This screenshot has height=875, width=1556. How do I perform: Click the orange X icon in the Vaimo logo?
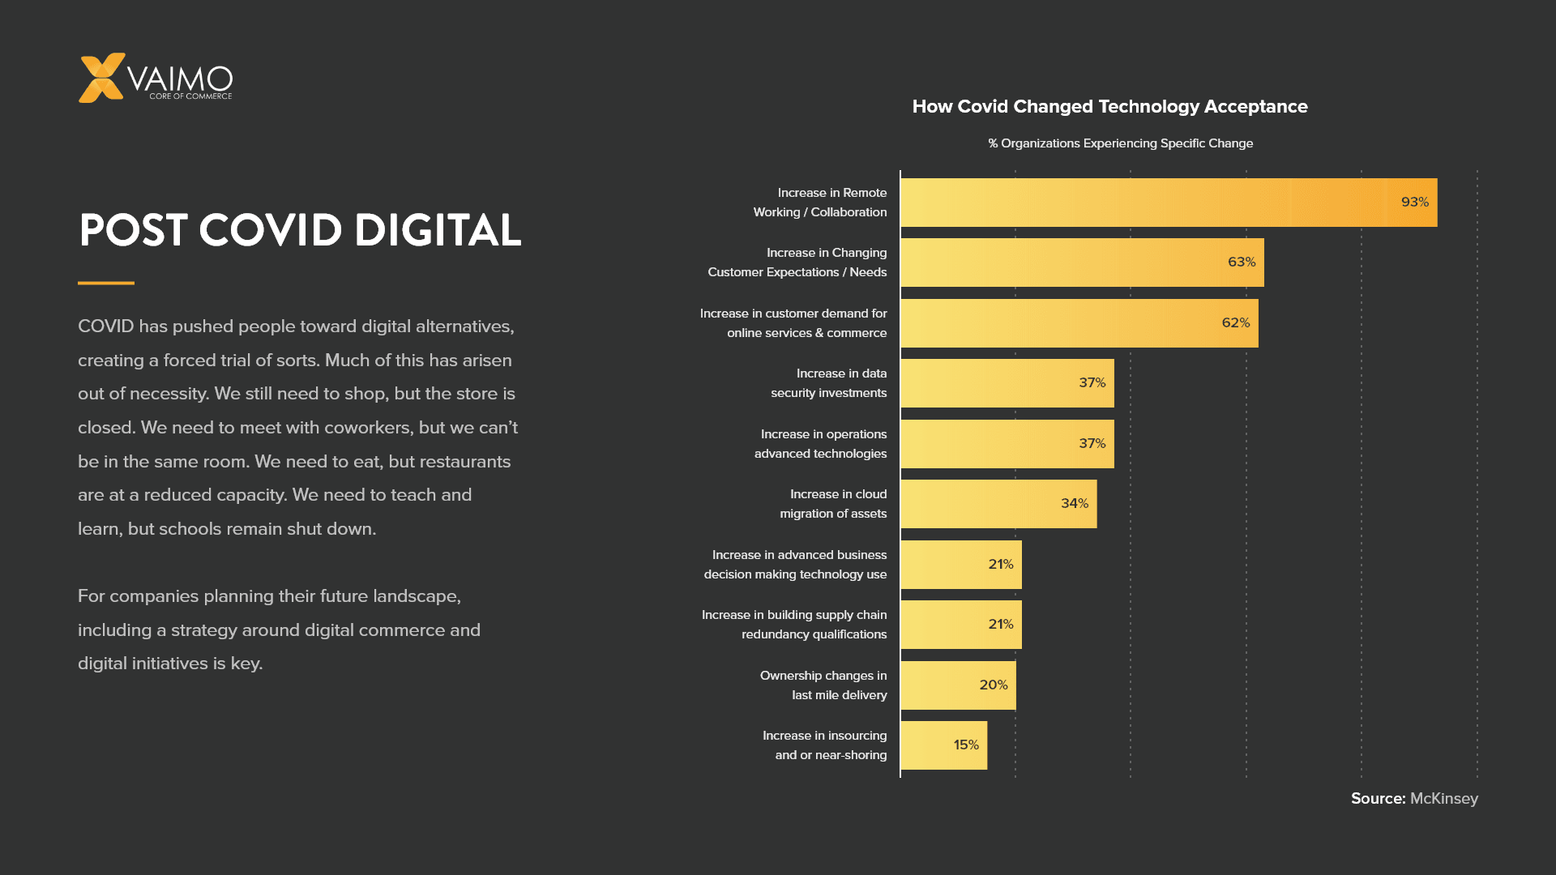[101, 78]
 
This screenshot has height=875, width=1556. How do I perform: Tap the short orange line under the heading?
[106, 283]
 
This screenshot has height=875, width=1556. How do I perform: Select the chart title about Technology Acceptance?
[1109, 106]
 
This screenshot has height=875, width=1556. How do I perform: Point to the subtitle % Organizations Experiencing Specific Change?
[1120, 143]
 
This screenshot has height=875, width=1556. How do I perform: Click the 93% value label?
[1414, 202]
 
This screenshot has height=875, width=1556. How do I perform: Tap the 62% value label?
[1235, 322]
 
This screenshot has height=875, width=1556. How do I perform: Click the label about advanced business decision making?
[797, 565]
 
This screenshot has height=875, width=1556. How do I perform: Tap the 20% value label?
[993, 685]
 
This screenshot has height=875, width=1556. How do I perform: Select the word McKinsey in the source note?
[1443, 798]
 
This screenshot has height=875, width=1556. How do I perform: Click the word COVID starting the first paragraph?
[105, 327]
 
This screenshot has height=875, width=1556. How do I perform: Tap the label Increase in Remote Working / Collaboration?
[821, 203]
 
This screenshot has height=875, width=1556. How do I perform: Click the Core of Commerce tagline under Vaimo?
[190, 96]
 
